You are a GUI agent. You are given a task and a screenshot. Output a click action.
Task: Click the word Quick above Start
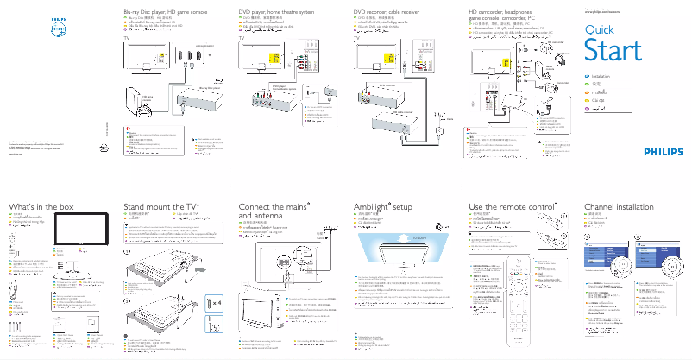click(600, 29)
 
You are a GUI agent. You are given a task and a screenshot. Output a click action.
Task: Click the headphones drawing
click(561, 59)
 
